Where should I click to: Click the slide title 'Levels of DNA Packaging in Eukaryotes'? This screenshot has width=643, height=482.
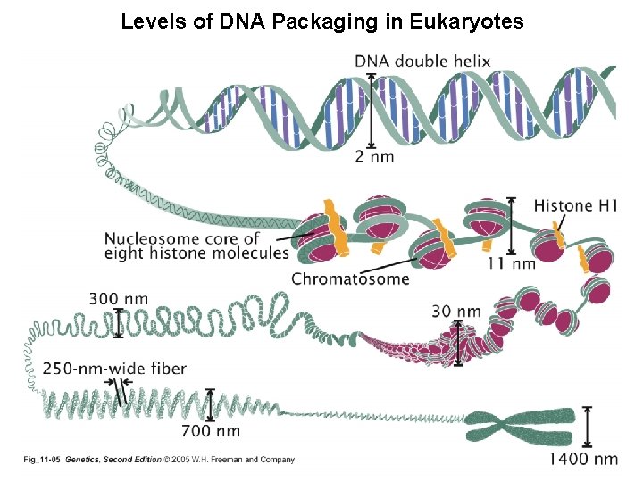click(322, 21)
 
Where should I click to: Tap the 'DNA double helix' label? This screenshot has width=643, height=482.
click(422, 62)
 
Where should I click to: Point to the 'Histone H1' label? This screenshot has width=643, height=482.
click(574, 206)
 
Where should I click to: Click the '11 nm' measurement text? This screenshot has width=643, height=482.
click(512, 263)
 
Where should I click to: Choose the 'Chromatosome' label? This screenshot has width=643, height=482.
click(350, 278)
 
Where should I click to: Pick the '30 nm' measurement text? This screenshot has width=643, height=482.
click(456, 312)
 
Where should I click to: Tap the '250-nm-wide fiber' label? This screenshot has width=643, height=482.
click(115, 368)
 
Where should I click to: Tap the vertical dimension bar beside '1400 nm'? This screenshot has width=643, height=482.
click(587, 427)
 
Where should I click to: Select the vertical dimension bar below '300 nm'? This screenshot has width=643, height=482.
click(118, 322)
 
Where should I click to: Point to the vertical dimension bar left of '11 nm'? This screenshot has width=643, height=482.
click(511, 226)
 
